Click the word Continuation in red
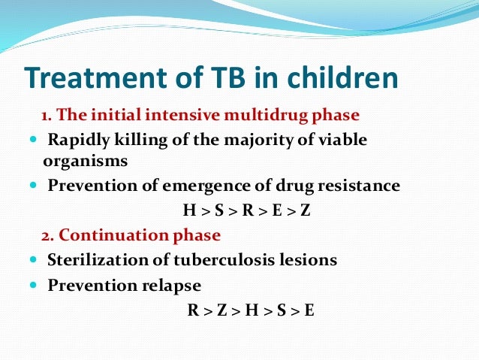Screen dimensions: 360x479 tap(110, 235)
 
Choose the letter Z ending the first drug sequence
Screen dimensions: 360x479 tap(305, 211)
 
